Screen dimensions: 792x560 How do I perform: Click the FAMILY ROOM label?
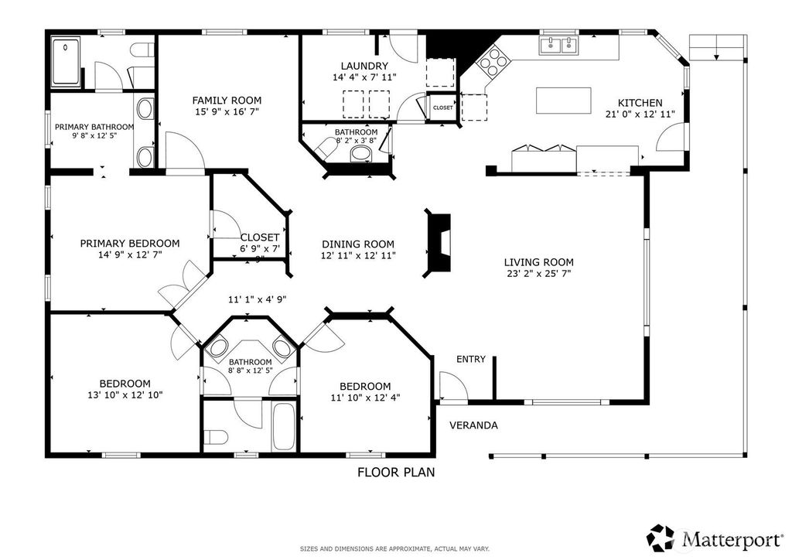[x=227, y=100]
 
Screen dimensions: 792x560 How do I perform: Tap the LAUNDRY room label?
[x=364, y=66]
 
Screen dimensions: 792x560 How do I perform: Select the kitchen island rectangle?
[x=564, y=101]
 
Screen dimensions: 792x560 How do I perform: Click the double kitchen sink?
[x=559, y=45]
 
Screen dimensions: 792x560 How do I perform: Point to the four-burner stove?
[x=493, y=60]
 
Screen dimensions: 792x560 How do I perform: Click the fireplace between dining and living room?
[x=437, y=243]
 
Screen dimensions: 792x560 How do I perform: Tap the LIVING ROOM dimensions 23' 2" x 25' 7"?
[x=539, y=274]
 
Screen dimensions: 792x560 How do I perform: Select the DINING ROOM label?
[x=358, y=244]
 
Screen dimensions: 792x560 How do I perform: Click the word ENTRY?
[x=471, y=359]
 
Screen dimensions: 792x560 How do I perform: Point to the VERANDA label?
[x=474, y=425]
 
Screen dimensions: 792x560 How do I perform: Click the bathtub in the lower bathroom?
[x=283, y=427]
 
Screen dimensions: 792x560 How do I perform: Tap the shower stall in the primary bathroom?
[x=66, y=62]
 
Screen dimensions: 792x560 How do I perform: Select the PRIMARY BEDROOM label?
[x=130, y=244]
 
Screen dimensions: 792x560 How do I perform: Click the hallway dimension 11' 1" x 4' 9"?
[x=258, y=299]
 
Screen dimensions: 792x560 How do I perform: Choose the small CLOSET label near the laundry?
[x=443, y=108]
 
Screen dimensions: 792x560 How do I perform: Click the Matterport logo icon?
[x=661, y=538]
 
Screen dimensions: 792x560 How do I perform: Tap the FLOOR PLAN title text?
[x=396, y=472]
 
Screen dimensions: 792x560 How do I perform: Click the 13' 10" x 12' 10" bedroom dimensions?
[x=125, y=395]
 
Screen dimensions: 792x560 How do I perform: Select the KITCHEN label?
[x=640, y=103]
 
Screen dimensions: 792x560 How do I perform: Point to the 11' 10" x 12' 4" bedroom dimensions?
[x=365, y=398]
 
